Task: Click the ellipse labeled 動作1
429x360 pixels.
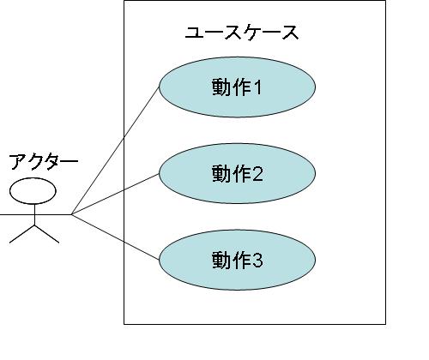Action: pos(237,87)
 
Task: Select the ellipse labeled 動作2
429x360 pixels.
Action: pos(237,174)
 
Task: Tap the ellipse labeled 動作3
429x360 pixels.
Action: pos(237,260)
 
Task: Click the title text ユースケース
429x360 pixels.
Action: pos(242,33)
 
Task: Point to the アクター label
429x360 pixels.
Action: pos(44,162)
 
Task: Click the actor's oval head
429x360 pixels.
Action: pos(33,191)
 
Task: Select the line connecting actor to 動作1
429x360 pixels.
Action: pos(115,150)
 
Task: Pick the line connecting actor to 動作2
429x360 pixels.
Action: pos(115,194)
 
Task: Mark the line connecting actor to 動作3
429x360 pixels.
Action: pos(115,237)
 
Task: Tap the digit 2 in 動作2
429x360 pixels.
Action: pos(257,174)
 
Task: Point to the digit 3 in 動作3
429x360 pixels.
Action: pos(257,260)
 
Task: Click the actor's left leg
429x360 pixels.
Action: pos(22,234)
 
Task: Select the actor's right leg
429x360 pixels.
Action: pos(47,234)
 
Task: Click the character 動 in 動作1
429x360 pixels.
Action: pos(221,87)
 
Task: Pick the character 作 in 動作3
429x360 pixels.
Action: pos(239,260)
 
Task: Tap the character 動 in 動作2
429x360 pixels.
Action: pos(221,174)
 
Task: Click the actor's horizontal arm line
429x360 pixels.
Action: pos(35,214)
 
